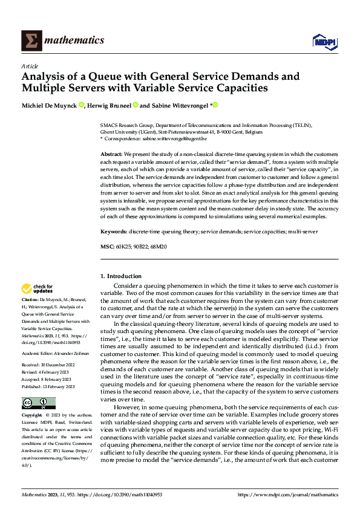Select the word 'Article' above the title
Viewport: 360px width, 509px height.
tap(30, 66)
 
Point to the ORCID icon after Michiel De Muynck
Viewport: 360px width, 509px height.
tap(82, 105)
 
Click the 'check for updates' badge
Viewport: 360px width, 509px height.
tap(38, 289)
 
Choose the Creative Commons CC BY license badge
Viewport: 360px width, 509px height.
tap(38, 403)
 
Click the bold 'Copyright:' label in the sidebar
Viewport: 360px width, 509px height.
tap(33, 416)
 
